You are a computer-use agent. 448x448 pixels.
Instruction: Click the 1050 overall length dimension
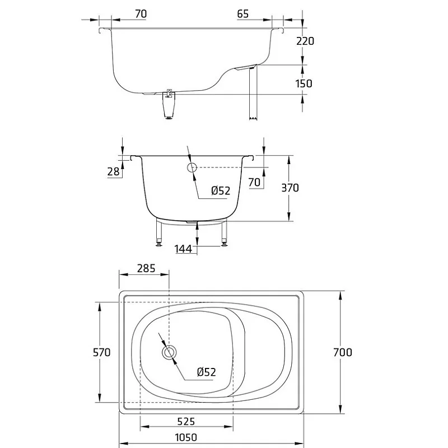(x=186, y=437)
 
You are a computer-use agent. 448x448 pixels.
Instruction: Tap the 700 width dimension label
(x=343, y=352)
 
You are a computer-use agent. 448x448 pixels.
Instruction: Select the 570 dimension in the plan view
(x=102, y=352)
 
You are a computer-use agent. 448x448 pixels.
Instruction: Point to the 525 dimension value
(x=186, y=421)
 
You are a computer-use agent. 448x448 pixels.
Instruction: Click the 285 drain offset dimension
(x=146, y=268)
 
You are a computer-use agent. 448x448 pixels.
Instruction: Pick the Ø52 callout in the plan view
(x=207, y=372)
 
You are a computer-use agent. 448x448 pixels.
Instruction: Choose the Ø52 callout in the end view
(x=221, y=190)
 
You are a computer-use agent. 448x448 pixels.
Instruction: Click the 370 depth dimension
(x=290, y=188)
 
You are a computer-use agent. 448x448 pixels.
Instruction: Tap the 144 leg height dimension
(x=183, y=249)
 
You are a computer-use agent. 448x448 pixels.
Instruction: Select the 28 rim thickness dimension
(x=113, y=171)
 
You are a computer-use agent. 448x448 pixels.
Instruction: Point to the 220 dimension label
(x=305, y=41)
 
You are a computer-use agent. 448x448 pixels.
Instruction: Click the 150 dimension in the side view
(x=304, y=83)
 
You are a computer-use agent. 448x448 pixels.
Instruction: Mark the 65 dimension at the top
(x=243, y=13)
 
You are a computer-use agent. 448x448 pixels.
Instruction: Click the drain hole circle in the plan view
(x=170, y=352)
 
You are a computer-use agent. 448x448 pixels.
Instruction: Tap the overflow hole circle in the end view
(x=192, y=167)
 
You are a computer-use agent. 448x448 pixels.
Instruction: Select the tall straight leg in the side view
(x=253, y=92)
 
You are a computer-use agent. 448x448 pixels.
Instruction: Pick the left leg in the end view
(x=159, y=232)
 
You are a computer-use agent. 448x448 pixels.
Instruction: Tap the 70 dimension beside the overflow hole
(x=254, y=182)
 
